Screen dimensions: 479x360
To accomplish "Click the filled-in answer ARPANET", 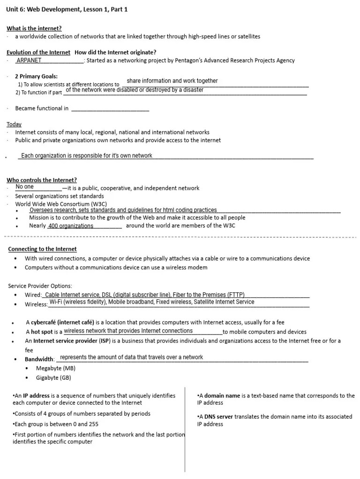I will coord(29,60).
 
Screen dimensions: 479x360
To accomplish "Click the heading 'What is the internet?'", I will coord(34,28).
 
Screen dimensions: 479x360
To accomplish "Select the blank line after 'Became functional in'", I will coord(110,109).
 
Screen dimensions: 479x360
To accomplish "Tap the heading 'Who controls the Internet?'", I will coord(42,180).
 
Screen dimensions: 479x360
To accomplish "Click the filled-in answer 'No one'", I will coord(25,187).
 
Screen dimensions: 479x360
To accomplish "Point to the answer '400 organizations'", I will coord(71,226).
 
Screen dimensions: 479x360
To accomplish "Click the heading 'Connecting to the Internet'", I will coord(42,249).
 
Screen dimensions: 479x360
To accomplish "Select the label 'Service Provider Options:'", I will coord(40,286).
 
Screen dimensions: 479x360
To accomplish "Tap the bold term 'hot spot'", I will coord(42,332).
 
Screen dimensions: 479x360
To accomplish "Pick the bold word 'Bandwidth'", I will coord(39,359).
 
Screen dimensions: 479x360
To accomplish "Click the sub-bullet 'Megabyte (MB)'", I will coord(56,368).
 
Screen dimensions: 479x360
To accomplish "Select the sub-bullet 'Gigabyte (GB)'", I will coord(53,377).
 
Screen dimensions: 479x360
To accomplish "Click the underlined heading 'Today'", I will coord(14,124).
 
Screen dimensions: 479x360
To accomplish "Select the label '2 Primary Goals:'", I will coord(37,76).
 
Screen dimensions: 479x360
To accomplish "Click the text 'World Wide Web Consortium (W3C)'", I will coord(61,204).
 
